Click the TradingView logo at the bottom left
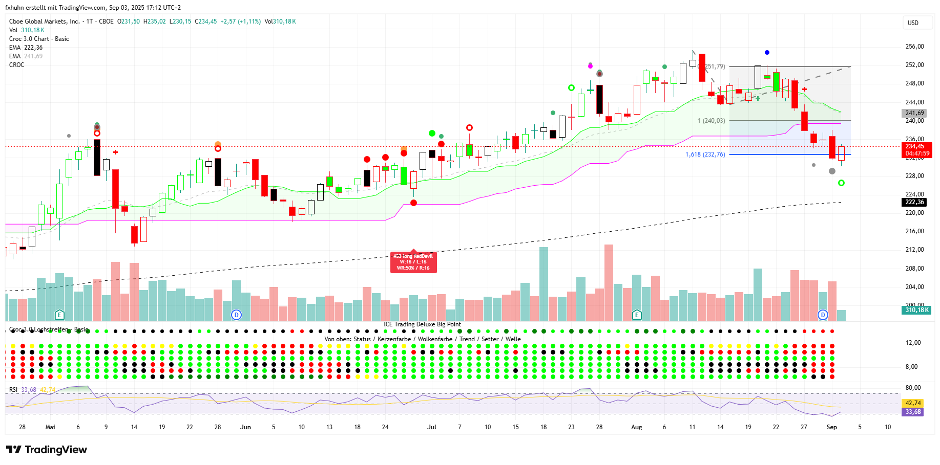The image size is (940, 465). (47, 450)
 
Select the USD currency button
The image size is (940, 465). (913, 23)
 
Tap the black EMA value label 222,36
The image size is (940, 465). (914, 202)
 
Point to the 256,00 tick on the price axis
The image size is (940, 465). (914, 47)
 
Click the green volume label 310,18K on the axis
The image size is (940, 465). (916, 310)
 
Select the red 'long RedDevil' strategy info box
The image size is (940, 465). (413, 262)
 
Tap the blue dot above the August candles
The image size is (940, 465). (767, 53)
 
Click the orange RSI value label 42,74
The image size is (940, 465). (913, 403)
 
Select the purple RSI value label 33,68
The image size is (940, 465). (913, 412)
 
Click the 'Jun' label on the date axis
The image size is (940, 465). (245, 427)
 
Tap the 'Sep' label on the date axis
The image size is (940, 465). (831, 427)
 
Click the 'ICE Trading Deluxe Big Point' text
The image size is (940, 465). (422, 324)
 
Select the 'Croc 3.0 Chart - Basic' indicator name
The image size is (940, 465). (39, 39)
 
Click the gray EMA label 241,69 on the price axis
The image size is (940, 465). (914, 113)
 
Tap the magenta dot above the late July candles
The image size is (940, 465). (590, 66)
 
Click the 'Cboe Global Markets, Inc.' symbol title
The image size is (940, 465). (45, 21)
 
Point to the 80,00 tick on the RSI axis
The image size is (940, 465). (913, 388)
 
